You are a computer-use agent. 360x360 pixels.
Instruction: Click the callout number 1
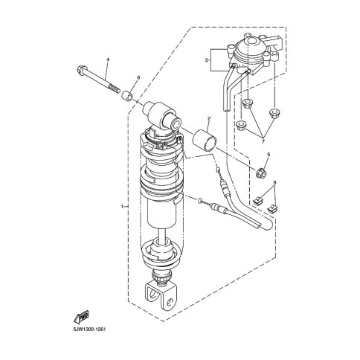pyautogui.click(x=122, y=206)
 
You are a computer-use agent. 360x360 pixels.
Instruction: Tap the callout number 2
pyautogui.click(x=209, y=119)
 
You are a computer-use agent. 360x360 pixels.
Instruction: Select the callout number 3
pyautogui.click(x=206, y=60)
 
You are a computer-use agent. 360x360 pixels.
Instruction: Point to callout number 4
pyautogui.click(x=108, y=60)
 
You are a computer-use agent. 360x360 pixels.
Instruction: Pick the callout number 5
pyautogui.click(x=269, y=154)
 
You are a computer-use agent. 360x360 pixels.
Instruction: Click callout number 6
pyautogui.click(x=138, y=77)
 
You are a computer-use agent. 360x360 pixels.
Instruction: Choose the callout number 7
pyautogui.click(x=263, y=141)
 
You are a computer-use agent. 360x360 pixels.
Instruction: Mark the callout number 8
pyautogui.click(x=274, y=182)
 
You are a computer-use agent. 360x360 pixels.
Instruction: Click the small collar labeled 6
pyautogui.click(x=127, y=96)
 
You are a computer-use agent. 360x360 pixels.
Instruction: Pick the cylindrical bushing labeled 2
pyautogui.click(x=205, y=140)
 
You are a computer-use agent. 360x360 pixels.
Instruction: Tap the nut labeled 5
pyautogui.click(x=261, y=173)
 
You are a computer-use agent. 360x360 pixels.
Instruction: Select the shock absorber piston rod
pyautogui.click(x=162, y=234)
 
